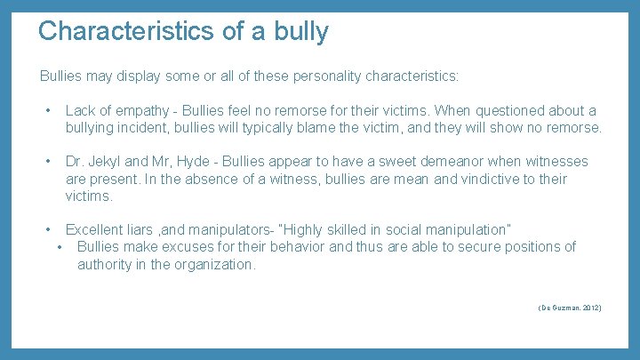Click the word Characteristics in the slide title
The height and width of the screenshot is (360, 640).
(124, 31)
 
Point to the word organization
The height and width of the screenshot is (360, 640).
(212, 264)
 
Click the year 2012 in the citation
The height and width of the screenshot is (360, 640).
(589, 308)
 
